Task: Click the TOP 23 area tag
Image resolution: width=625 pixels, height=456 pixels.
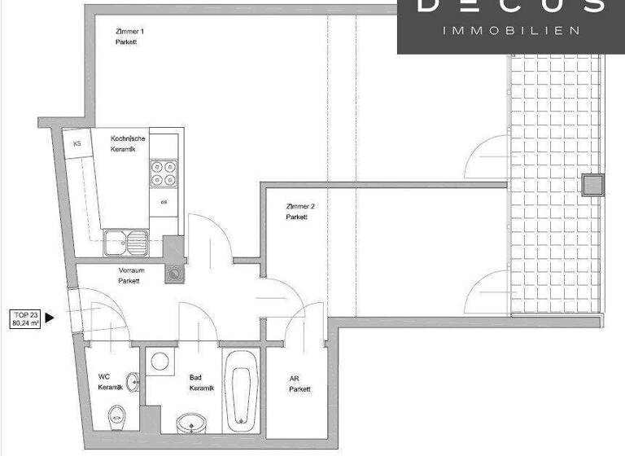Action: [x=25, y=318]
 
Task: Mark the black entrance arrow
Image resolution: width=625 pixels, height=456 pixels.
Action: [x=50, y=318]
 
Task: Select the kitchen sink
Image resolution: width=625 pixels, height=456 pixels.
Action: [x=126, y=240]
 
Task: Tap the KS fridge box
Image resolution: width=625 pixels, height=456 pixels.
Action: [x=77, y=143]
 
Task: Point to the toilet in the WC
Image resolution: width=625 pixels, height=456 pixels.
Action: [x=116, y=419]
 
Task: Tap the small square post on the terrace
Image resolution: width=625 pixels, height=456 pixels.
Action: [x=593, y=186]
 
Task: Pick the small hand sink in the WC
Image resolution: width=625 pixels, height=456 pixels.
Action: [x=132, y=384]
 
